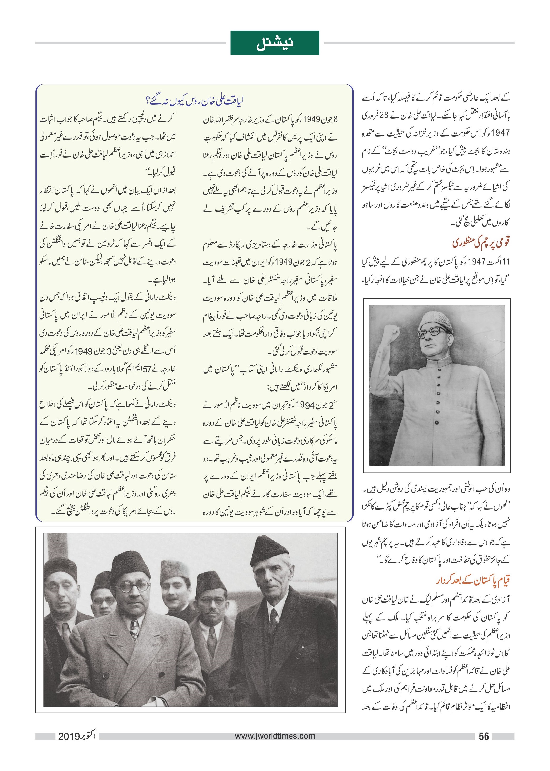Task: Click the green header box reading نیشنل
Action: (x=275, y=43)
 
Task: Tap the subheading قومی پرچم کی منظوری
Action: (x=481, y=243)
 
